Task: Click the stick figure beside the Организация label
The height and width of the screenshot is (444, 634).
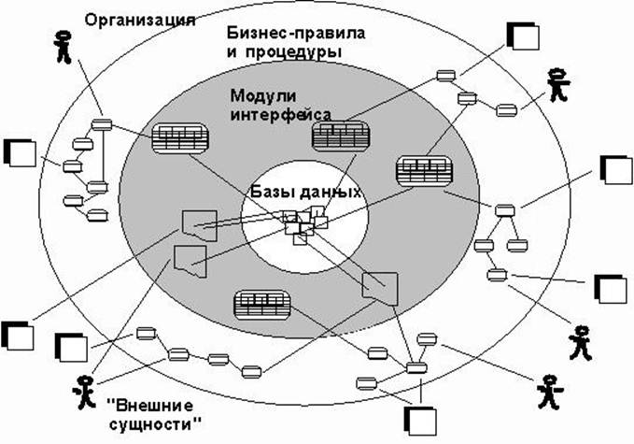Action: point(63,47)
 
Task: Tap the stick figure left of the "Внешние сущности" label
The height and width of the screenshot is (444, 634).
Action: point(86,392)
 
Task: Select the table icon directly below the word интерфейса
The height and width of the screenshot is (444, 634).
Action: point(337,136)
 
